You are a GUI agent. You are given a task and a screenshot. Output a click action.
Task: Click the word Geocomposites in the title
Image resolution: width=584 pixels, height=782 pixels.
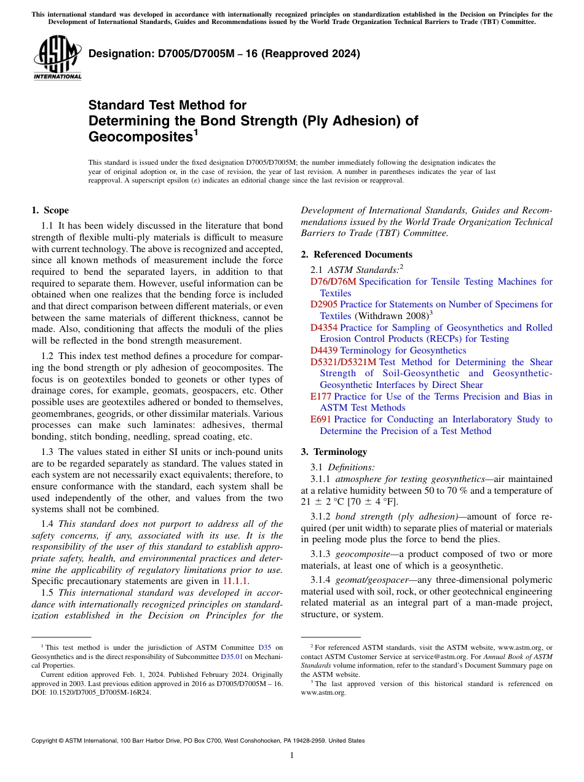[140, 136]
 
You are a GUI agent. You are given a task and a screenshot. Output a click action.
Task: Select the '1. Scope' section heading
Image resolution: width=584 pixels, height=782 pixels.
[50, 210]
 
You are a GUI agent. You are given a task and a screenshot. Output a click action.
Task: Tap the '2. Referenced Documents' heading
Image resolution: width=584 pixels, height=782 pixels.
[357, 255]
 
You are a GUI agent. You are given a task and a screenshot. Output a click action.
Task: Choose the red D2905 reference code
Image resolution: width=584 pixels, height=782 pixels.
[324, 304]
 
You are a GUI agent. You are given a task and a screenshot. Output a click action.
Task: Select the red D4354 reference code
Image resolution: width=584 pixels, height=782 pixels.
[324, 328]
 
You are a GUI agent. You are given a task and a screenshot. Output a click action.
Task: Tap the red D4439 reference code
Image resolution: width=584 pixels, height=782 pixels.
[324, 350]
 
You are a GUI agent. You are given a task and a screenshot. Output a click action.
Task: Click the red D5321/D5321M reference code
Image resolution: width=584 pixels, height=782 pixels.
[343, 362]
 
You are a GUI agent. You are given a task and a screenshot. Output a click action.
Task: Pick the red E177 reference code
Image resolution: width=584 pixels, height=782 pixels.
[321, 397]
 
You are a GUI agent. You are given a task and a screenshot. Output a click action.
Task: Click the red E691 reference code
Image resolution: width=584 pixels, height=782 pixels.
[321, 419]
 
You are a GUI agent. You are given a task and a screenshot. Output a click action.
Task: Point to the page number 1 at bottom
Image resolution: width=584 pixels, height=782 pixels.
[292, 756]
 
